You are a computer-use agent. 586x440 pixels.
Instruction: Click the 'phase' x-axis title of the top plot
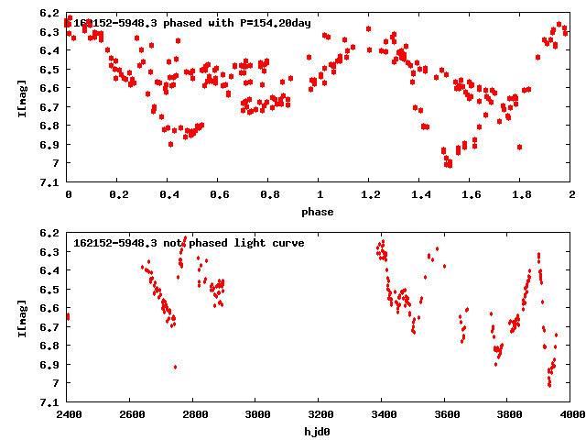point(320,212)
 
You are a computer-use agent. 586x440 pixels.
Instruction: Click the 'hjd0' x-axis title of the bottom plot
point(320,432)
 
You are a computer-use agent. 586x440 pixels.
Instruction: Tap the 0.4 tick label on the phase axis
point(168,195)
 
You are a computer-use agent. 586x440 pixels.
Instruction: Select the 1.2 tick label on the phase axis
point(370,195)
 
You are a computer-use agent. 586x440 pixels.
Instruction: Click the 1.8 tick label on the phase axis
point(521,195)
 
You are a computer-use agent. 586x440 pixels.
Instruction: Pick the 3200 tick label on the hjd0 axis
point(320,415)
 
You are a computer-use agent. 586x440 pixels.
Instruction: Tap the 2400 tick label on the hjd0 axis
point(68,415)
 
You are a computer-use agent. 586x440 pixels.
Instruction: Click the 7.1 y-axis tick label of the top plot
point(50,182)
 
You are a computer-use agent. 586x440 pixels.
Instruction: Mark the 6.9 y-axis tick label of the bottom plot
point(50,365)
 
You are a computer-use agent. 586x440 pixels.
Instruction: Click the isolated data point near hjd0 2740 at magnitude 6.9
point(175,367)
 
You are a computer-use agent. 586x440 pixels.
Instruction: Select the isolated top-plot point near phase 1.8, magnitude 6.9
point(519,147)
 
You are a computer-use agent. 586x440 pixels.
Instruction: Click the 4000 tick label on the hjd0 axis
point(570,415)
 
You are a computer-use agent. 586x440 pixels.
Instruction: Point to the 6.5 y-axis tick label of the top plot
point(50,70)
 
